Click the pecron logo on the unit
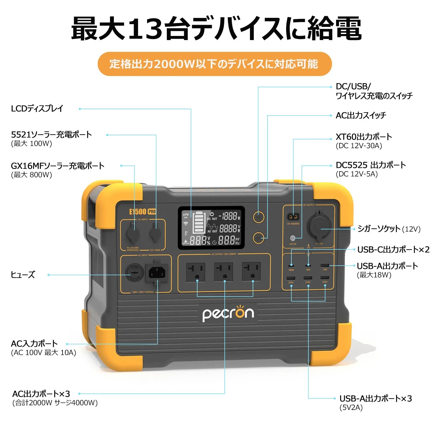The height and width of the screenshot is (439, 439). click(228, 314)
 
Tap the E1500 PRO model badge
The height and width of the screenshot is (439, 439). click(142, 212)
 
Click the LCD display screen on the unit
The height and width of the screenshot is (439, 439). click(211, 228)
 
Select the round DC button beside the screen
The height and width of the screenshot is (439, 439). click(258, 217)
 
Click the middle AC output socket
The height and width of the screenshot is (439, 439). click(224, 272)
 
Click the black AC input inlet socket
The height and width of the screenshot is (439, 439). click(157, 273)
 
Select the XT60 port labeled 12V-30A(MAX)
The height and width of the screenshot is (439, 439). click(293, 217)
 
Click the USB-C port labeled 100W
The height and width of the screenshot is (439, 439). click(291, 266)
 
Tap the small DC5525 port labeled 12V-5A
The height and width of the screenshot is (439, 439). click(293, 238)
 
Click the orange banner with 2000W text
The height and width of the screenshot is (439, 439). click(215, 64)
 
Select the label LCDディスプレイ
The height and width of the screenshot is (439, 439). click(37, 109)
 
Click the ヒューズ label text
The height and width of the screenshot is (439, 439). click(23, 275)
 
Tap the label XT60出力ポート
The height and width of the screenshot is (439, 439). click(364, 137)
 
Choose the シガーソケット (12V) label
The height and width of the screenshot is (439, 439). click(389, 229)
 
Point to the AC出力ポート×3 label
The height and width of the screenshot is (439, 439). click(41, 394)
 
